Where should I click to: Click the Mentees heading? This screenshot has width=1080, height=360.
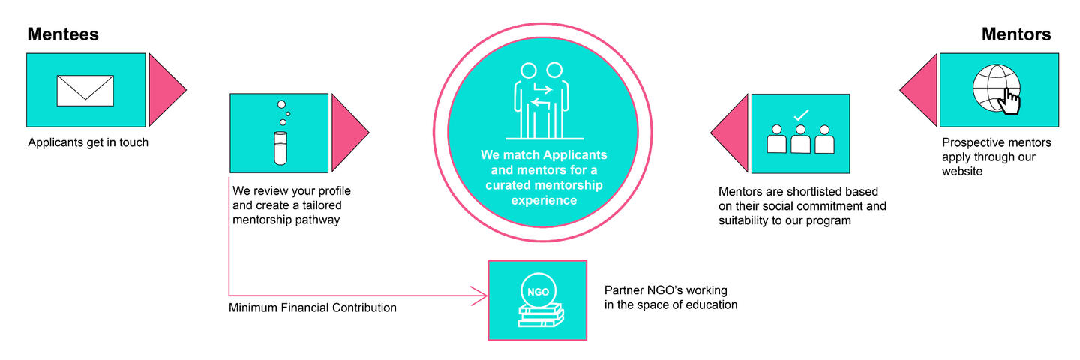(63, 34)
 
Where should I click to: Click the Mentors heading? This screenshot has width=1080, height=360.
(1016, 34)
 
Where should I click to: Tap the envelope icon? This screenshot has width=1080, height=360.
(85, 90)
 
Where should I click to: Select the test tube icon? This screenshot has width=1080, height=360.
(280, 148)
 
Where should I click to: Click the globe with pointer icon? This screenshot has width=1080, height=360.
(997, 89)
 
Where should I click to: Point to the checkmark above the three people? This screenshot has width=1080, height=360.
(800, 115)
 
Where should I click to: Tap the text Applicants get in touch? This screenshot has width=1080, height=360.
(88, 142)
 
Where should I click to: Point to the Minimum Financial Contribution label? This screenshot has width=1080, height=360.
(312, 307)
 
